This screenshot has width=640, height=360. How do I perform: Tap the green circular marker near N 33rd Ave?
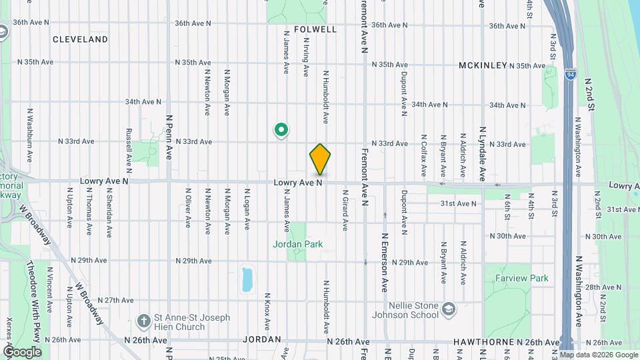click(x=281, y=129)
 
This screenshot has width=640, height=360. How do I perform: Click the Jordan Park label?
click(x=297, y=244)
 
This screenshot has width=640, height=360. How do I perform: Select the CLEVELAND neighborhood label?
click(x=80, y=39)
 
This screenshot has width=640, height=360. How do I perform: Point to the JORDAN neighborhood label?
click(x=262, y=339)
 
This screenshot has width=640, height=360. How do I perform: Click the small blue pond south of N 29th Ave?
click(x=247, y=279)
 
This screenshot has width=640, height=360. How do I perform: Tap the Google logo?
click(x=21, y=352)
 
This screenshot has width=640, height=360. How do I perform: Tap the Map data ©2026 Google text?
click(x=599, y=355)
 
